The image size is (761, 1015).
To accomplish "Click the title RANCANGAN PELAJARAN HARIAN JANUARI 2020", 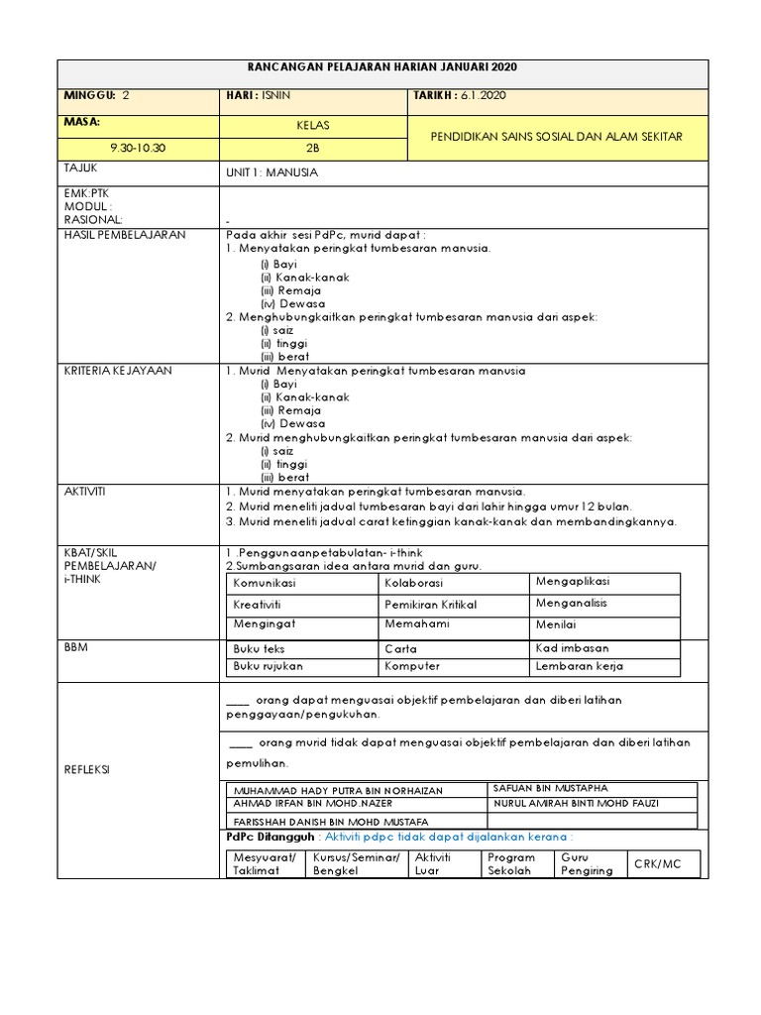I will (x=382, y=66).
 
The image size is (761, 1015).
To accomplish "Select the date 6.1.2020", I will (x=485, y=96).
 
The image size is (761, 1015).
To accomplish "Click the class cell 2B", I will (x=313, y=147).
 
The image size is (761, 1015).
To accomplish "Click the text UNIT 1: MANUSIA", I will (x=272, y=171).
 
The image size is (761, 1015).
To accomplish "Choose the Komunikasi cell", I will (x=265, y=584).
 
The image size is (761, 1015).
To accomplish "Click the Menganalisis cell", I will (x=572, y=603).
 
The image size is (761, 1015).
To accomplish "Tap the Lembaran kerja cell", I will (x=580, y=666).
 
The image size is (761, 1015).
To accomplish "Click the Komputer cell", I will (x=412, y=666).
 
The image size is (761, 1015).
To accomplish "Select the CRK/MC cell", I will (x=659, y=864).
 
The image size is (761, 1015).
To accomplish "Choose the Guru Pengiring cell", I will (x=589, y=863).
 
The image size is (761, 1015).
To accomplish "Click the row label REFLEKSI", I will (x=87, y=770).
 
